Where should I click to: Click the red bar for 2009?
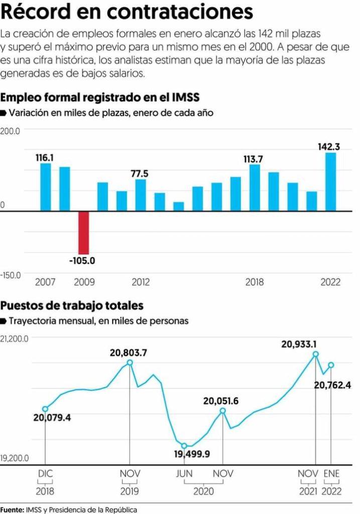[83, 232]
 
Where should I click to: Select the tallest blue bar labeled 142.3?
[330, 181]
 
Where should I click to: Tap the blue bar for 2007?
[46, 187]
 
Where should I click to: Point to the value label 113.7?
[254, 159]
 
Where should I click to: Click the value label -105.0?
[83, 261]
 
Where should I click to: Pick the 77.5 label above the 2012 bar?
[140, 174]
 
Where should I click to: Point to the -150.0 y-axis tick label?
[11, 275]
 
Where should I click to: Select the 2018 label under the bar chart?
[255, 282]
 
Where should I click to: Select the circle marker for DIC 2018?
[45, 409]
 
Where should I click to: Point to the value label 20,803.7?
[129, 353]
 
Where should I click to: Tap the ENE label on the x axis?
[331, 473]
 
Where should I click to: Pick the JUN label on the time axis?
[184, 473]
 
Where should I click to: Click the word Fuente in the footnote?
[11, 509]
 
